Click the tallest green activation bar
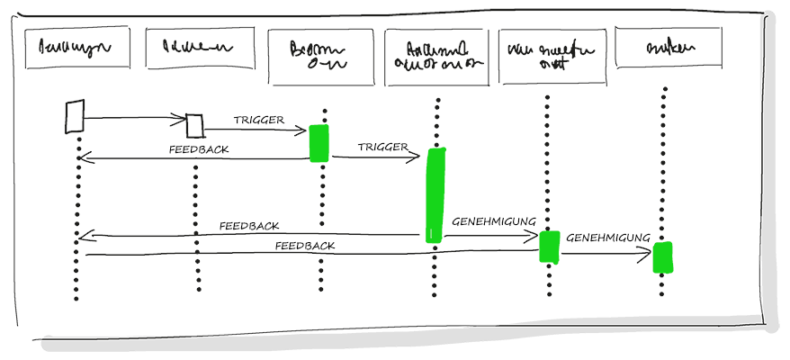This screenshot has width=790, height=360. coord(436,195)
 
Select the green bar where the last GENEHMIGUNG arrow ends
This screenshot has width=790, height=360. coord(663,257)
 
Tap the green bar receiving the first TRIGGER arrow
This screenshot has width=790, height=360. coord(319,143)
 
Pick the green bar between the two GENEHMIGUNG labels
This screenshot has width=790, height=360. coord(550,246)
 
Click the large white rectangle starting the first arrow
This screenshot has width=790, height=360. coord(76,116)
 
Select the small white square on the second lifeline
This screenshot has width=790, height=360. coord(194,124)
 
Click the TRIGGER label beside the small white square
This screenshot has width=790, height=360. coord(259,120)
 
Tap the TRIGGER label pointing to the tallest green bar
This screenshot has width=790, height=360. coord(382,147)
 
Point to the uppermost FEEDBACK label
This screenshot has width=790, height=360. coord(199,150)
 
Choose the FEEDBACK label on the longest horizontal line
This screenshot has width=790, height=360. coord(305,245)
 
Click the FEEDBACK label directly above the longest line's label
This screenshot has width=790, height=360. coord(249,226)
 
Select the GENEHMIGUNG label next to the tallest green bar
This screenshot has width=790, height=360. coord(494,220)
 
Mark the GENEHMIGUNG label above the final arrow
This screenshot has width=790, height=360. coord(607,238)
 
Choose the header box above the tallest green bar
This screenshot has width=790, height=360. coord(436,57)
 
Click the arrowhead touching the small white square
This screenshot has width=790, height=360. coord(181,117)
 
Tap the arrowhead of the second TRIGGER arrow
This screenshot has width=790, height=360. coord(417,157)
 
